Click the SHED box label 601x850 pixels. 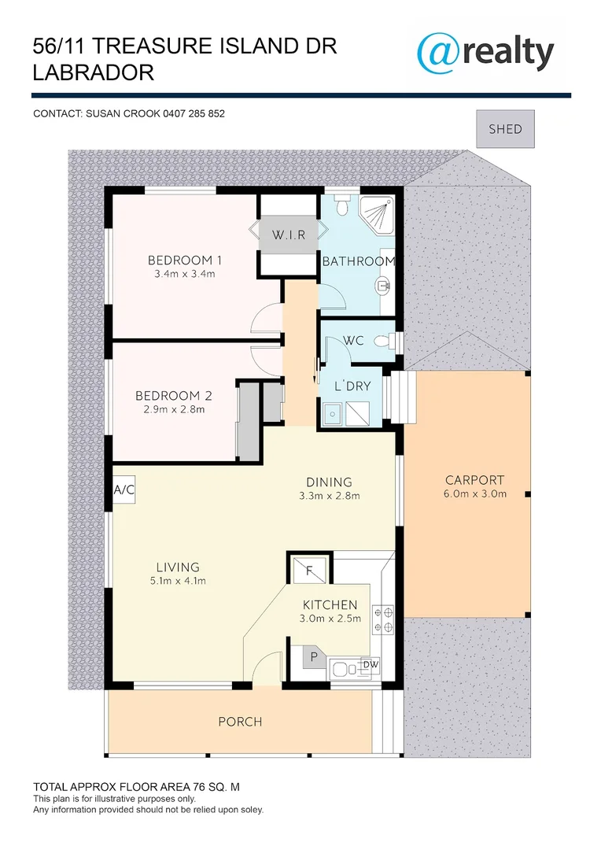(505, 128)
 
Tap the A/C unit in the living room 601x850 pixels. (124, 490)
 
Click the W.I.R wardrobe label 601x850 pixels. (288, 235)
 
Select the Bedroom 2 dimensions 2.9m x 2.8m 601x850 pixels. (174, 409)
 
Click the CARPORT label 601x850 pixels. (474, 480)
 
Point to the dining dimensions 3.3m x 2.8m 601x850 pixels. (329, 496)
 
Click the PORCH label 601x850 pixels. (240, 722)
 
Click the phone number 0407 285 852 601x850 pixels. (194, 113)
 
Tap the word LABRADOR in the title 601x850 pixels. (94, 73)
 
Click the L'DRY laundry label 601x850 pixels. (352, 386)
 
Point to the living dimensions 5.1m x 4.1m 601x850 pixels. (178, 582)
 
